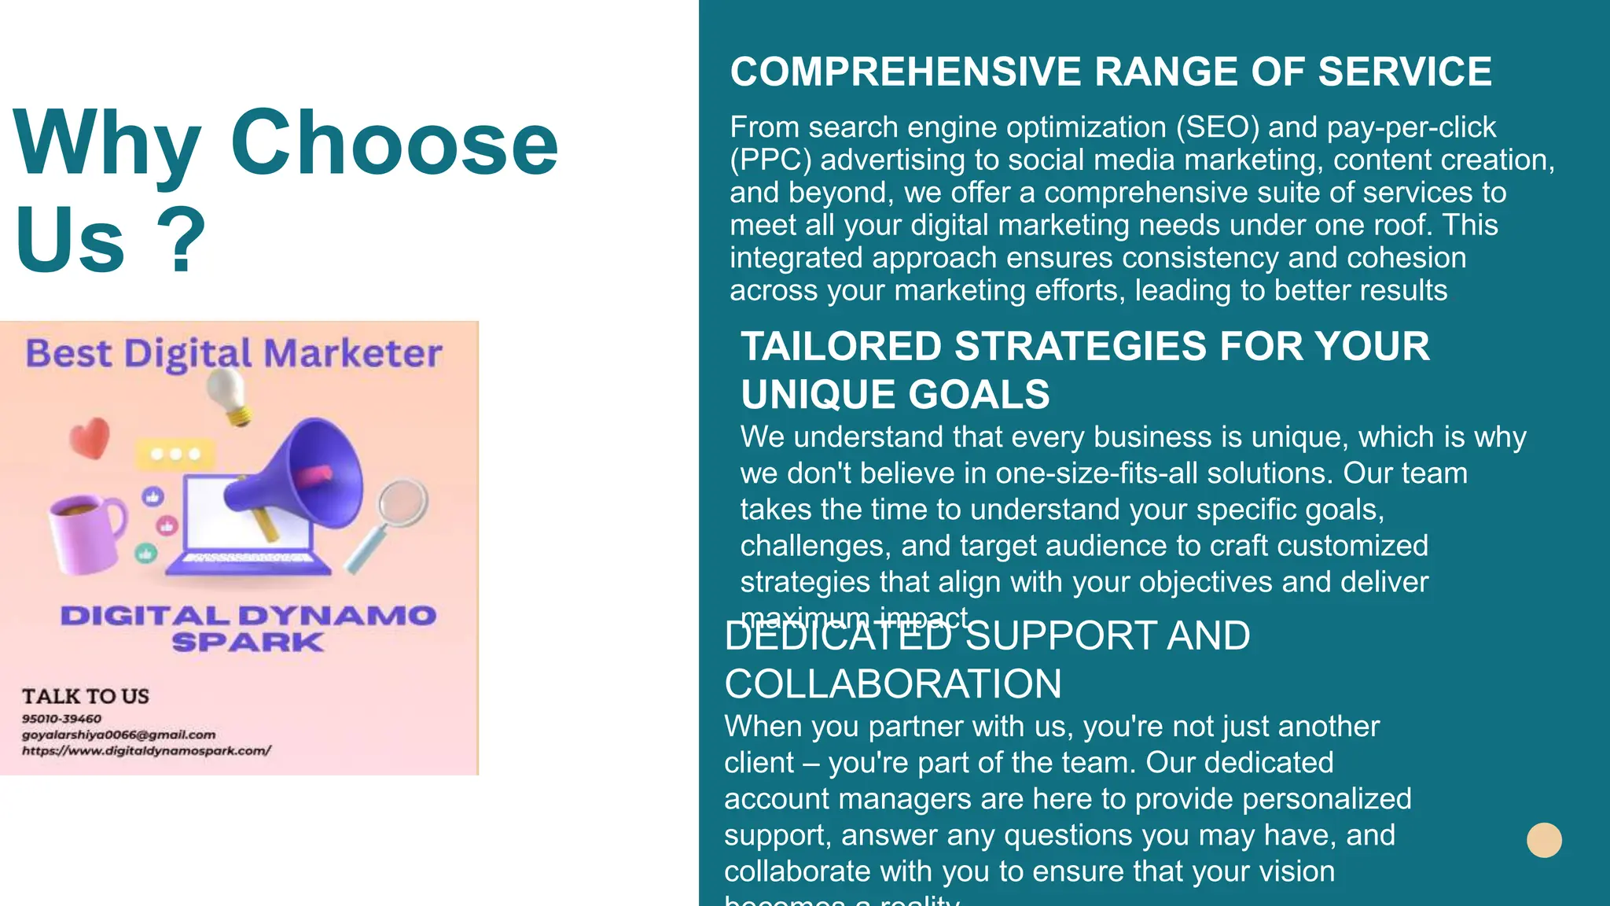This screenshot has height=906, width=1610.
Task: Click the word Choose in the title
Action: click(x=394, y=144)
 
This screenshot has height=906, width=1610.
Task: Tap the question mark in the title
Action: click(x=182, y=240)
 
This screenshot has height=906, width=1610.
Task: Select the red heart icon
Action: click(x=90, y=437)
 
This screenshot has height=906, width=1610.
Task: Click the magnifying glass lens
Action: click(x=402, y=503)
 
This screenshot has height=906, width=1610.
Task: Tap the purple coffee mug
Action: click(x=83, y=531)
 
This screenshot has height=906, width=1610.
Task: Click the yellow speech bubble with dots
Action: click(x=175, y=454)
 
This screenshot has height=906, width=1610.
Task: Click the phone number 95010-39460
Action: click(x=61, y=719)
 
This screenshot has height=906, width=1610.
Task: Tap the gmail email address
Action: click(x=118, y=735)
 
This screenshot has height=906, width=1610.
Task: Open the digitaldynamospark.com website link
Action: click(x=146, y=750)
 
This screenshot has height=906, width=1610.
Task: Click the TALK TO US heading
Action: click(x=85, y=696)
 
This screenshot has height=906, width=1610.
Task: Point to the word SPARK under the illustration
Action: click(x=248, y=643)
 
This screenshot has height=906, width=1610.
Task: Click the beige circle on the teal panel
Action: click(x=1544, y=840)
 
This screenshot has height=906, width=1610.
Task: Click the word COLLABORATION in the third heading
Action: click(x=893, y=684)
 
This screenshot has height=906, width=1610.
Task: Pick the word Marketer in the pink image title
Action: click(x=353, y=353)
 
